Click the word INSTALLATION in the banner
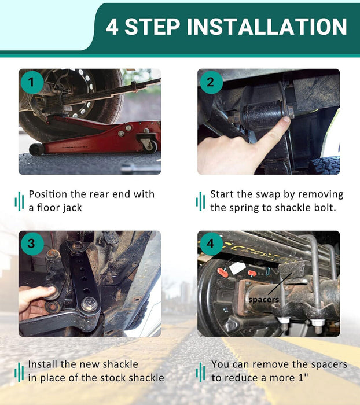(267, 27)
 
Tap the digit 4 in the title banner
(112, 27)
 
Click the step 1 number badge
(32, 82)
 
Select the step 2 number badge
(211, 82)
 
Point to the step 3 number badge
(32, 244)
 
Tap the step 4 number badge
(211, 244)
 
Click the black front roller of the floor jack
(36, 149)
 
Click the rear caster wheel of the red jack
(150, 146)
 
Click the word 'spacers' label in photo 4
(263, 300)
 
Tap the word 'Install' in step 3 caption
(43, 364)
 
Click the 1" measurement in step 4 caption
(303, 378)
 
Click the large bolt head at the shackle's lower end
(89, 304)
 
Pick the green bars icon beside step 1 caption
(19, 201)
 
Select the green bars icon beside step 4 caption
(200, 372)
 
